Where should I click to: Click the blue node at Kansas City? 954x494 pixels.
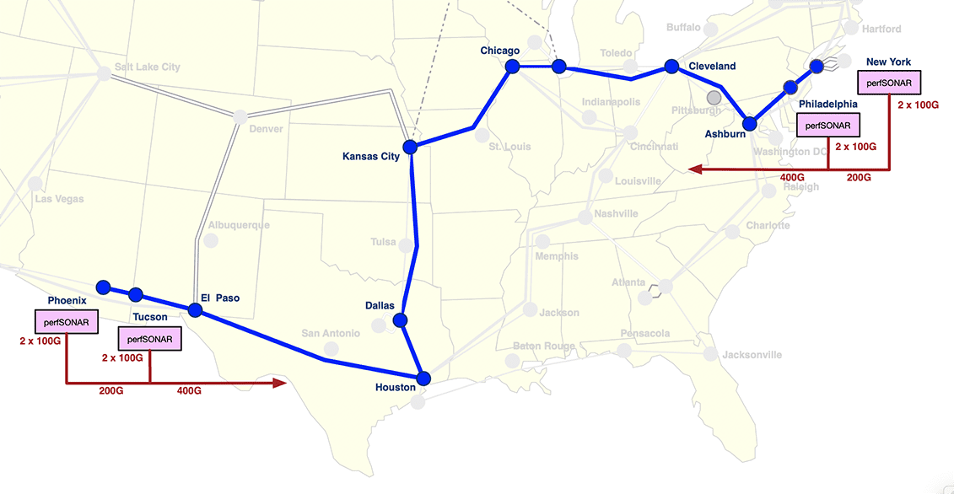click(410, 147)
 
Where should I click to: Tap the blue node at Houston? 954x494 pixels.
click(423, 378)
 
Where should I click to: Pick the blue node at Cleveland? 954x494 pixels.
click(671, 66)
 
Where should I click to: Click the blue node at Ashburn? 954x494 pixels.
click(749, 124)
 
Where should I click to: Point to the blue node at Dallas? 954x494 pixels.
click(400, 320)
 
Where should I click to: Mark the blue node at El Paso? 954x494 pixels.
click(195, 310)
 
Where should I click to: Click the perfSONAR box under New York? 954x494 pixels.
click(889, 83)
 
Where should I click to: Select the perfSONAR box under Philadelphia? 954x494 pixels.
click(828, 125)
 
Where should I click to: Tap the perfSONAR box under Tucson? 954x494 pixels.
click(150, 340)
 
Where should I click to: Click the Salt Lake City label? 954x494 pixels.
click(148, 67)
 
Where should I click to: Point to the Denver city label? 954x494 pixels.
click(267, 129)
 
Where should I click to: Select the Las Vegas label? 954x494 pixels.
click(58, 199)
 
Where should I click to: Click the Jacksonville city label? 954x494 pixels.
click(752, 355)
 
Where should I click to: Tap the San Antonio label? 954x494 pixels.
click(331, 334)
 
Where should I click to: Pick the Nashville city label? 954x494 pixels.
click(616, 213)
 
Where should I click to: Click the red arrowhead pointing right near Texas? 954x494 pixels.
click(282, 384)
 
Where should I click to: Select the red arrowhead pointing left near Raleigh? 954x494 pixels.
click(694, 169)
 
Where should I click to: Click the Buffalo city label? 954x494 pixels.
click(682, 28)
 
